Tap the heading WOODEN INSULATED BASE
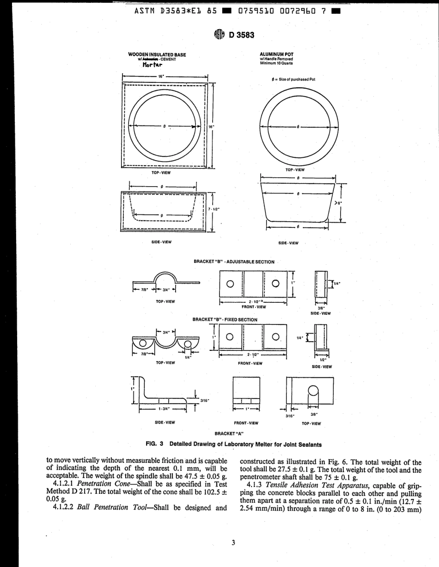157,55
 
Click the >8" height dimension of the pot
338,202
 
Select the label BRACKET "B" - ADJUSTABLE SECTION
234,262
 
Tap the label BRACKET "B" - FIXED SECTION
225,319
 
